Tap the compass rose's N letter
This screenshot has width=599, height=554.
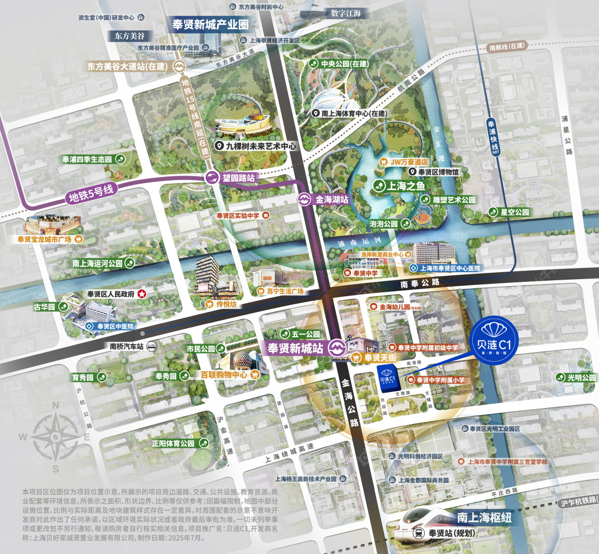tap(55, 405)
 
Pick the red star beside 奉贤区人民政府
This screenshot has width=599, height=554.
tap(142, 294)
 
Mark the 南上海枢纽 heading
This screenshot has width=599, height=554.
tap(485, 517)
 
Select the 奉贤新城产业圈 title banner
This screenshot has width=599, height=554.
tap(210, 25)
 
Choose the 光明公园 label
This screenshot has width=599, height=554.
tap(581, 377)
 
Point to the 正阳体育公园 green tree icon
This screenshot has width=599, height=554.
tap(203, 443)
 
